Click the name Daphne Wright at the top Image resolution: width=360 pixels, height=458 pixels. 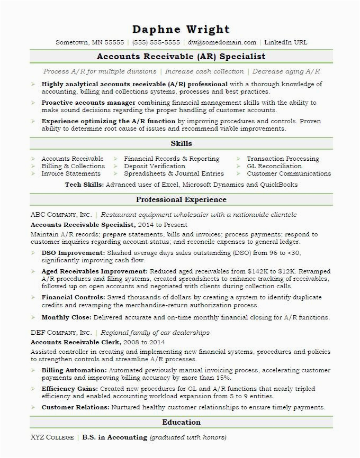point(181,29)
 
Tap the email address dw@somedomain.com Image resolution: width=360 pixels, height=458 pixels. point(222,43)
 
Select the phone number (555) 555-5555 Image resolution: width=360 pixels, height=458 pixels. point(156,43)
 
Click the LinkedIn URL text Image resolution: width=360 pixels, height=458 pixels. point(285,43)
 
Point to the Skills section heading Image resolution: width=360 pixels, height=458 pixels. point(181,144)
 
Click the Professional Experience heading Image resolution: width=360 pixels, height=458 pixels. point(181,200)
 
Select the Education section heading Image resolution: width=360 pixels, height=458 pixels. point(181,423)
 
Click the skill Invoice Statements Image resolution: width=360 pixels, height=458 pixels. point(71,173)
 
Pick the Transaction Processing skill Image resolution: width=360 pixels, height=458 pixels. point(283,159)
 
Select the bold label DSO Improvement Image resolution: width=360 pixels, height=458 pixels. point(73,253)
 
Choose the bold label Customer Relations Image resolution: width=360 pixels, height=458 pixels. point(75,407)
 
